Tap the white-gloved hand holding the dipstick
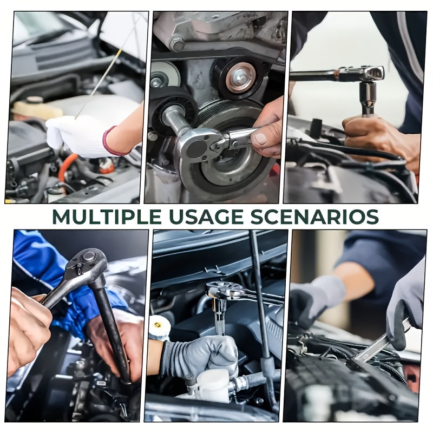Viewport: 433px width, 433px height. click(x=76, y=135)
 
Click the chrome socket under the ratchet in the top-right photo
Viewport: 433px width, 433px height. click(x=368, y=98)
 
